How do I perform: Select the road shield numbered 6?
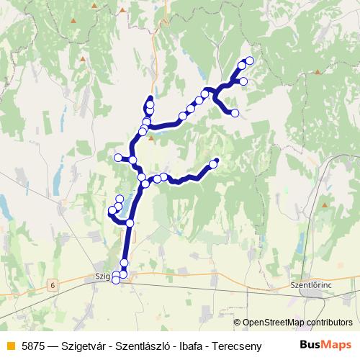point(53,286)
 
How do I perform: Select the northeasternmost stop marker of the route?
point(250,60)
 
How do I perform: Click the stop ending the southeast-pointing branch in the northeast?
point(235,112)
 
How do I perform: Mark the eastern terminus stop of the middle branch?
point(214,164)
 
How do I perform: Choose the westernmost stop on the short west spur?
point(118,157)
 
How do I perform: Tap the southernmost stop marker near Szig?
point(116,281)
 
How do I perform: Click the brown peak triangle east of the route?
point(318,71)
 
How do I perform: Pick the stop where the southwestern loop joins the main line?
point(130,223)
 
